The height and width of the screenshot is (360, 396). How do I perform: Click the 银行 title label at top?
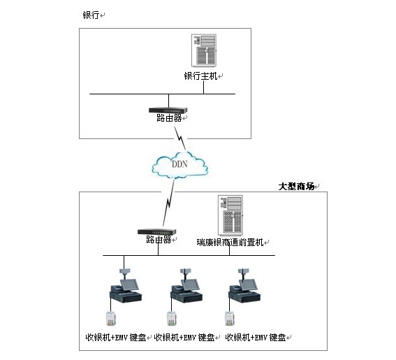91,15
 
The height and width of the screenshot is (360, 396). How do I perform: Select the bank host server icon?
204,50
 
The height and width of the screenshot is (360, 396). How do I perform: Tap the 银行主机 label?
200,75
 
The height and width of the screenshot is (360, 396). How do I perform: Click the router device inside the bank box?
168,110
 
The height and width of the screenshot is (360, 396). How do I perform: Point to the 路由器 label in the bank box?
169,118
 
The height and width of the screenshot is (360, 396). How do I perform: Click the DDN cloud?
179,165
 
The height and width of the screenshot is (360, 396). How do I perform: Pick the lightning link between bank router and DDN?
180,138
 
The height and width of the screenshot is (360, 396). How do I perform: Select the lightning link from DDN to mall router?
169,202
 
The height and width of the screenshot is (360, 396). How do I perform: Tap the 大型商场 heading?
296,187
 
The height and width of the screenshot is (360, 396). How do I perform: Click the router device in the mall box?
157,232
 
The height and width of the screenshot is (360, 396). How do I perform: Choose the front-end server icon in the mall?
230,215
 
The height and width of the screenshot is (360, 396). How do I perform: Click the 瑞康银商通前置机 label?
230,243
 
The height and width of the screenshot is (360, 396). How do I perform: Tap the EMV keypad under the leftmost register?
110,319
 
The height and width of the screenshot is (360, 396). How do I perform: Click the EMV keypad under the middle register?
172,319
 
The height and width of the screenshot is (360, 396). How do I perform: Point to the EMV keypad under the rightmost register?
230,319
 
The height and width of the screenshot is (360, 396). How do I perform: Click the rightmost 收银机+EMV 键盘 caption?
256,338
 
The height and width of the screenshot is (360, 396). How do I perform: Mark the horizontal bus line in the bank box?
163,94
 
